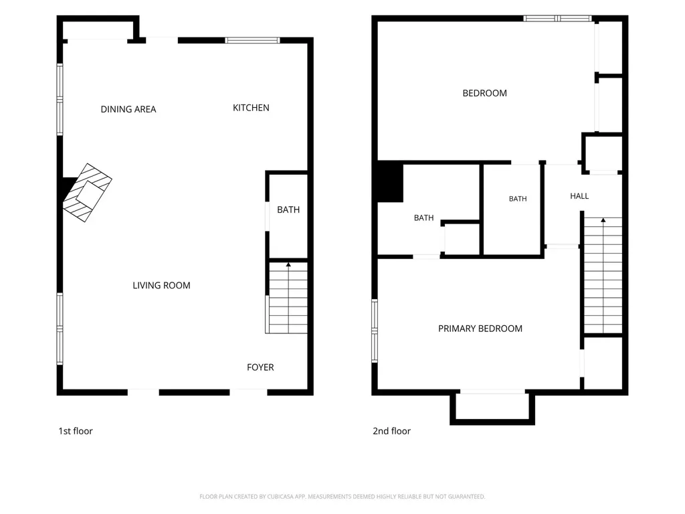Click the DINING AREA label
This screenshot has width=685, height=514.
pyautogui.click(x=128, y=109)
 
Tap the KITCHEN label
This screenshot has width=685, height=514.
pyautogui.click(x=251, y=108)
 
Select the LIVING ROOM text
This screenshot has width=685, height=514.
pyautogui.click(x=162, y=285)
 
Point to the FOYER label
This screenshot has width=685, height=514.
pyautogui.click(x=260, y=367)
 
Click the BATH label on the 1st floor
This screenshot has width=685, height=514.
pyautogui.click(x=288, y=209)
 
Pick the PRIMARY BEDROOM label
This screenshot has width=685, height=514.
pyautogui.click(x=480, y=329)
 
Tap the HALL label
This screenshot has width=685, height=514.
pyautogui.click(x=579, y=196)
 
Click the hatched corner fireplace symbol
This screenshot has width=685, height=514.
pyautogui.click(x=88, y=193)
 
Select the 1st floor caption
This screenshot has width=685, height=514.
pyautogui.click(x=76, y=431)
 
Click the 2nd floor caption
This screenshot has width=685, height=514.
pyautogui.click(x=391, y=431)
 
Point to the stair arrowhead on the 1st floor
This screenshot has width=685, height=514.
pyautogui.click(x=288, y=264)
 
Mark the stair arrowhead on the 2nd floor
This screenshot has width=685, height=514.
pyautogui.click(x=603, y=220)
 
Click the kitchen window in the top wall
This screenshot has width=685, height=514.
pyautogui.click(x=252, y=41)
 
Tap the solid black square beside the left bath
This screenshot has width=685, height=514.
pyautogui.click(x=390, y=181)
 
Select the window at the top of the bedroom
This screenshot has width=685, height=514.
pyautogui.click(x=557, y=18)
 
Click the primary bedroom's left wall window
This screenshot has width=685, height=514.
pyautogui.click(x=375, y=331)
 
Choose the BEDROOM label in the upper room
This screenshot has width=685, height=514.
pyautogui.click(x=484, y=93)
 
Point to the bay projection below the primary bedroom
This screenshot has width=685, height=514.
pyautogui.click(x=492, y=408)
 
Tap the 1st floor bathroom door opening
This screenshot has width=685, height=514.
pyautogui.click(x=268, y=216)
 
